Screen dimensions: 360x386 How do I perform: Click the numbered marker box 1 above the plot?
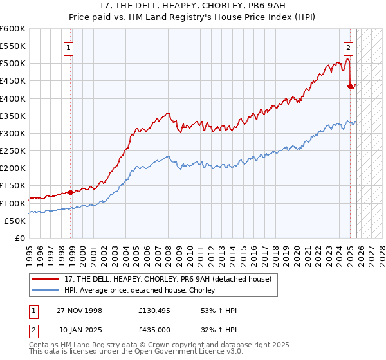click(68, 47)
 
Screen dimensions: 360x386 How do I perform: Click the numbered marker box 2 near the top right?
click(348, 47)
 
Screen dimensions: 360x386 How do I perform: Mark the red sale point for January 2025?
click(350, 86)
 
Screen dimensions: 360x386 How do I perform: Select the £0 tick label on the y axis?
click(21, 238)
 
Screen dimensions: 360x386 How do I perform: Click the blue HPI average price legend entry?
click(139, 291)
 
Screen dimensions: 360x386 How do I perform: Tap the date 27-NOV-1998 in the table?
click(80, 310)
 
